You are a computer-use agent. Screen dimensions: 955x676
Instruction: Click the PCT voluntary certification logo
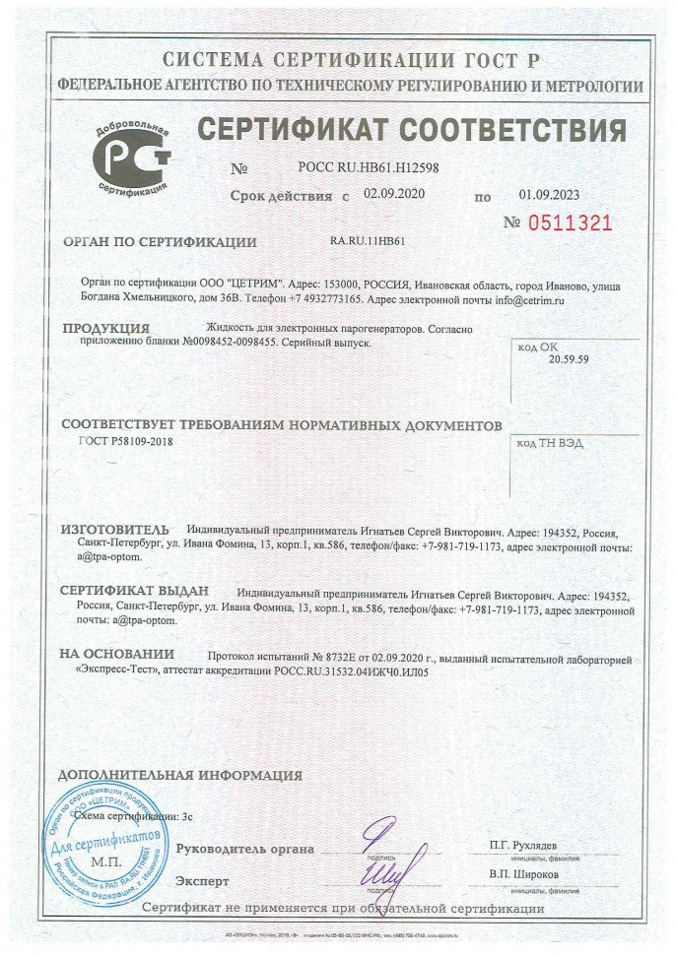131,159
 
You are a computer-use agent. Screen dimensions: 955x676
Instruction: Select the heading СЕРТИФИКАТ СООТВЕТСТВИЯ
411,130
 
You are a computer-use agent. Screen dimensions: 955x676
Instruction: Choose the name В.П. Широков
523,873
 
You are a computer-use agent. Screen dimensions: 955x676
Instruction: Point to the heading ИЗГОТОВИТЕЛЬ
114,530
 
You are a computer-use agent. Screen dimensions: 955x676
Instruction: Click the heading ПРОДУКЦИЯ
105,327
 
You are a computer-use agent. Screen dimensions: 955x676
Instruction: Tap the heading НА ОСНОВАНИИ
116,654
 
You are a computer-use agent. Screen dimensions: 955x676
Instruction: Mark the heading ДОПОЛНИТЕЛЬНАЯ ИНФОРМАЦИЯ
180,775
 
